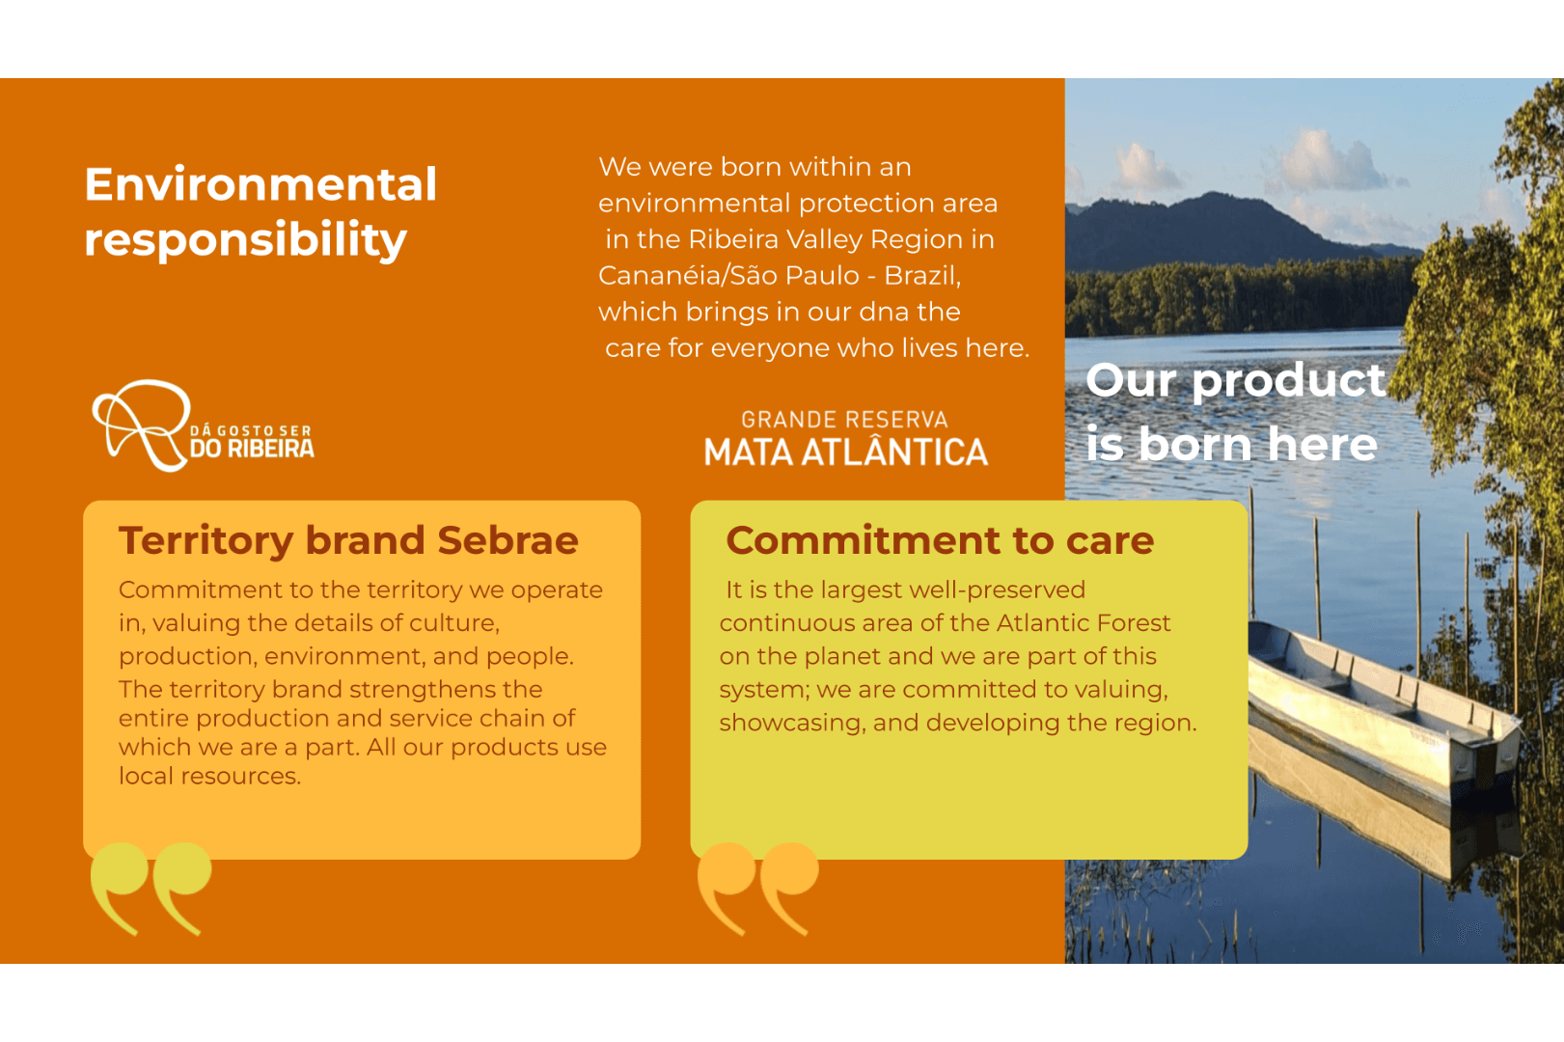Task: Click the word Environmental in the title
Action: point(261,184)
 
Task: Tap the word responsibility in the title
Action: point(245,239)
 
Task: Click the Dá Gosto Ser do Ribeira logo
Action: point(204,425)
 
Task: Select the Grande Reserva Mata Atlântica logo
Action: point(845,438)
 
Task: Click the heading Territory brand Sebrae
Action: point(348,540)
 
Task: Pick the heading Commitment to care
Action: point(940,540)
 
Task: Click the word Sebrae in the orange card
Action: point(508,540)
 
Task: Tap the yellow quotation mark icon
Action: point(151,888)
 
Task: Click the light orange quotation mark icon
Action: point(758,888)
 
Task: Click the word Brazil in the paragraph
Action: point(922,276)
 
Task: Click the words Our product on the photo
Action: point(1235,381)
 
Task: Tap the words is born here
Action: point(1232,444)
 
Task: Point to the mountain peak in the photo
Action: point(1212,197)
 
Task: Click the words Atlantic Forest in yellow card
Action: point(1083,623)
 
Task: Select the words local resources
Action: point(209,776)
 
